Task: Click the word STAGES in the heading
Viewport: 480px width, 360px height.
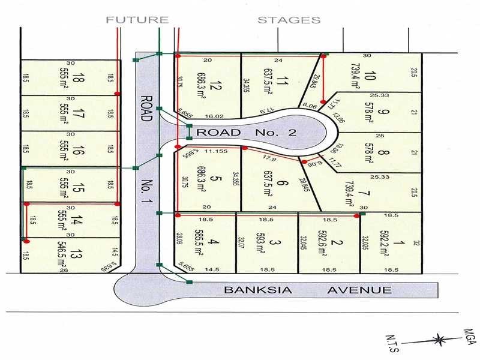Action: [289, 20]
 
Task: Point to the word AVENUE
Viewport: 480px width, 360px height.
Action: [359, 290]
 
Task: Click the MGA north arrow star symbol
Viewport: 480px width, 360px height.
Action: [441, 339]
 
